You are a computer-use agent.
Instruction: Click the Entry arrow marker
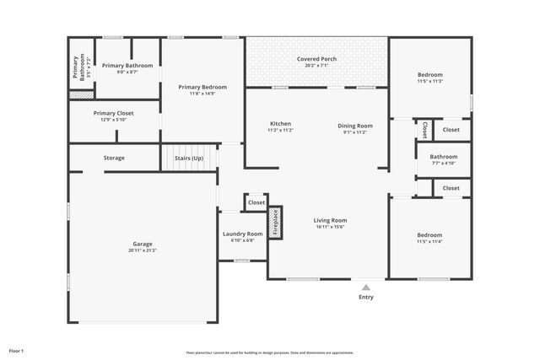pyautogui.click(x=365, y=287)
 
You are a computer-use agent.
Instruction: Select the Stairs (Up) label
pyautogui.click(x=188, y=158)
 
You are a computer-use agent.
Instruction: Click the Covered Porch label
pyautogui.click(x=316, y=59)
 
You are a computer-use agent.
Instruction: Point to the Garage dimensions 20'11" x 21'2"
pyautogui.click(x=142, y=250)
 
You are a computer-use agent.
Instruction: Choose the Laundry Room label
pyautogui.click(x=242, y=234)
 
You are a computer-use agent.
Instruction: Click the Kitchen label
pyautogui.click(x=280, y=125)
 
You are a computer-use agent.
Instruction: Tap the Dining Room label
pyautogui.click(x=355, y=126)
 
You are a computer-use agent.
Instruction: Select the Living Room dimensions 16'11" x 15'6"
pyautogui.click(x=330, y=227)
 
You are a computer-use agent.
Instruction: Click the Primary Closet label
pyautogui.click(x=113, y=113)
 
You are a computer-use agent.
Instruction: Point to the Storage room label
pyautogui.click(x=114, y=158)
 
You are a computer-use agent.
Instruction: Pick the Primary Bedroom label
pyautogui.click(x=202, y=86)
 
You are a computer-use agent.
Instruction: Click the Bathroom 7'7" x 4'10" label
pyautogui.click(x=443, y=156)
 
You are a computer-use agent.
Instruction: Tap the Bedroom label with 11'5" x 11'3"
pyautogui.click(x=429, y=75)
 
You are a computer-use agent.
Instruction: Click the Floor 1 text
pyautogui.click(x=16, y=350)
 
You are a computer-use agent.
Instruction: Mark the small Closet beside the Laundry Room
pyautogui.click(x=256, y=202)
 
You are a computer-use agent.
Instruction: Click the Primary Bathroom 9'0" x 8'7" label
pyautogui.click(x=127, y=65)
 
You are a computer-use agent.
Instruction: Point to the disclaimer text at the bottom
pyautogui.click(x=270, y=352)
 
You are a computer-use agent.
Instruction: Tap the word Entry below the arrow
pyautogui.click(x=365, y=297)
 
